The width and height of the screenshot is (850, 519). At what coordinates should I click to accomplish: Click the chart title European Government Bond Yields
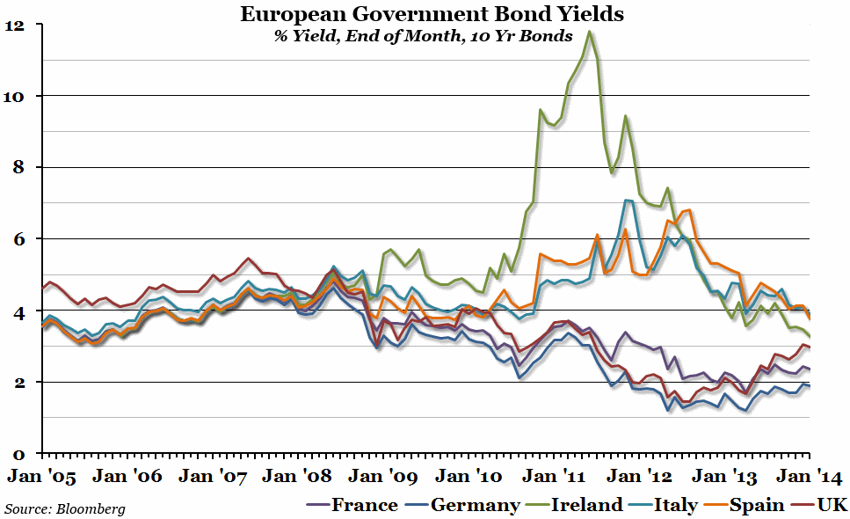click(425, 14)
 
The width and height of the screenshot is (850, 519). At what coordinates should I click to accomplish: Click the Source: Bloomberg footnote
click(64, 508)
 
